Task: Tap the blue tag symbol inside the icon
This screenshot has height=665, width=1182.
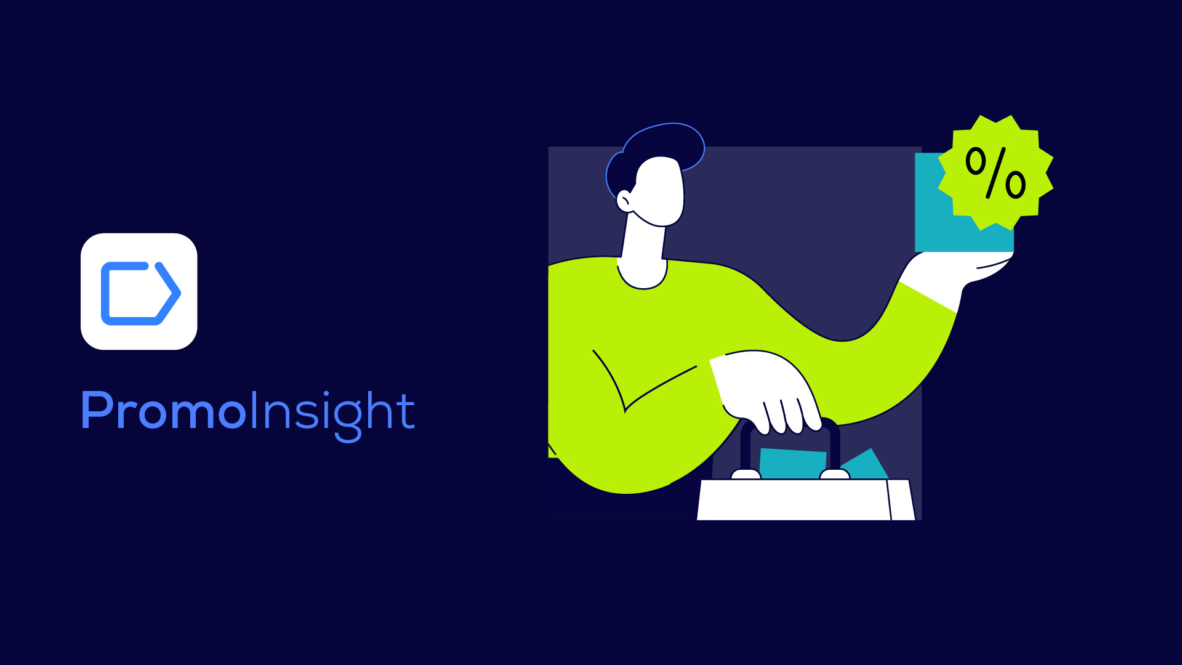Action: [140, 293]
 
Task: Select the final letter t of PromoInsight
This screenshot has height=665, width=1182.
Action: [406, 410]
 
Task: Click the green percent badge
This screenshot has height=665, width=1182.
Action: [995, 172]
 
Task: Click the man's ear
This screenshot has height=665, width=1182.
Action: [624, 201]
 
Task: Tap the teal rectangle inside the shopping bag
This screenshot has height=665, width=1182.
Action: [793, 463]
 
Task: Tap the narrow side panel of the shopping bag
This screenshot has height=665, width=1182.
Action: [901, 500]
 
